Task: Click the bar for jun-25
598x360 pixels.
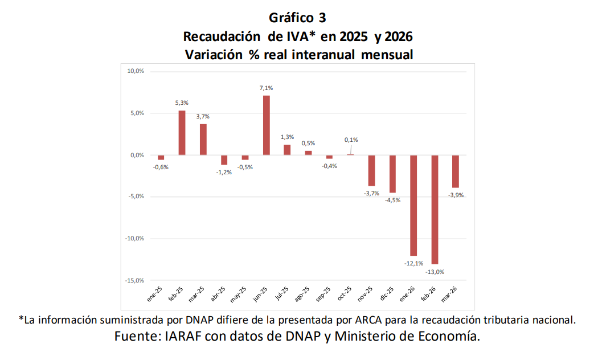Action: coord(267,125)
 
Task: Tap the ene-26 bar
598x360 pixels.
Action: coord(413,205)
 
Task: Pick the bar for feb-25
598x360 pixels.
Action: coord(182,133)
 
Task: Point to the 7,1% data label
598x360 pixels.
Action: coord(267,88)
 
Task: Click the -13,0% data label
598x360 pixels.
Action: coord(435,272)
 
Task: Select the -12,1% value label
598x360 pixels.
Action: coord(413,264)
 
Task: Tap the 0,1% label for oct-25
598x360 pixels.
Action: coord(351,140)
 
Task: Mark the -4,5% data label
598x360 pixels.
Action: coord(393,201)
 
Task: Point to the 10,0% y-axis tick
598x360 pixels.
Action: coord(135,71)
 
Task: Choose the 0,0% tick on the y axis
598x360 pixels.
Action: coord(136,155)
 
